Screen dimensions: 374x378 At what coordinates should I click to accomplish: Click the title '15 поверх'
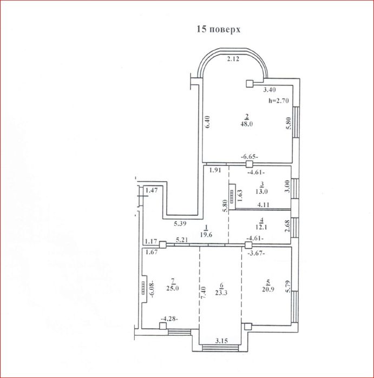click(219, 29)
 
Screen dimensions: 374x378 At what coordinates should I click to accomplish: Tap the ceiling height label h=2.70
click(279, 101)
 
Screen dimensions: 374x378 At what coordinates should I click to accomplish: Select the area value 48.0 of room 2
click(246, 124)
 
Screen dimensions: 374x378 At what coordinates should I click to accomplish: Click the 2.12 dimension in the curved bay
click(233, 58)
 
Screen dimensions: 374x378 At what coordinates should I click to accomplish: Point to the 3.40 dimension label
click(270, 90)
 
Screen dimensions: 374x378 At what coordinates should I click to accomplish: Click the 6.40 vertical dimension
click(208, 122)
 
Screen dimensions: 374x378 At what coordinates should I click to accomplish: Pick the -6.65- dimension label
click(250, 157)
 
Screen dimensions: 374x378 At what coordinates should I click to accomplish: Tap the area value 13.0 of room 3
click(261, 191)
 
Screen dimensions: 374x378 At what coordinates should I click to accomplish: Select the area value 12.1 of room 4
click(261, 227)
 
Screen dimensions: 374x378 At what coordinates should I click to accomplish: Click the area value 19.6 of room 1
click(206, 235)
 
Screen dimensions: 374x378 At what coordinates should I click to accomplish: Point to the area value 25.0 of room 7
click(173, 288)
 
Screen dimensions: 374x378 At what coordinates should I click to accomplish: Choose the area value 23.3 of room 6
click(221, 293)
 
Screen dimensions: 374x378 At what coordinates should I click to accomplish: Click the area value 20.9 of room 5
click(268, 289)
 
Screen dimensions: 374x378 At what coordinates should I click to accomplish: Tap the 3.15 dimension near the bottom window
click(221, 341)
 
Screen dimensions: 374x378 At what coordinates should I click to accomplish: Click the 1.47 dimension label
click(152, 190)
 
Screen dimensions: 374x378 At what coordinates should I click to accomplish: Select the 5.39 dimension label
click(180, 223)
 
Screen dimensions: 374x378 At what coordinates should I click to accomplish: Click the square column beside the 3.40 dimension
click(250, 84)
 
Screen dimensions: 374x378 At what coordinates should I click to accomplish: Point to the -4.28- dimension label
click(169, 319)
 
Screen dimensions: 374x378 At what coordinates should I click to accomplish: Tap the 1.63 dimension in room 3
click(240, 196)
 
